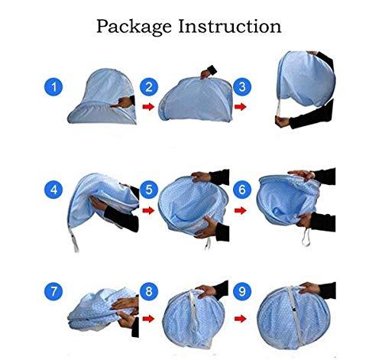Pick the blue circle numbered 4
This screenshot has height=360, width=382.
click(x=53, y=187)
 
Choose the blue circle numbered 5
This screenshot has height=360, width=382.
click(x=150, y=188)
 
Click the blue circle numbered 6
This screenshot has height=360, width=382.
click(x=242, y=188)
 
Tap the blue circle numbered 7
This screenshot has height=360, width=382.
click(x=53, y=291)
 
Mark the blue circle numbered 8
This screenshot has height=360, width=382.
click(x=150, y=291)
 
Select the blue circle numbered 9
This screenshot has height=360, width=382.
click(x=242, y=291)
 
